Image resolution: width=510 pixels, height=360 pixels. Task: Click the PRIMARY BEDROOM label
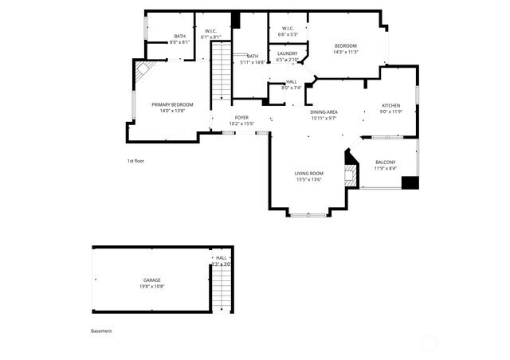point(172,104)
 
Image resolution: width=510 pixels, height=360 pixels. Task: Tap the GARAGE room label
point(152,280)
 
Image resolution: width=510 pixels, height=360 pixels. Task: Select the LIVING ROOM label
point(308,174)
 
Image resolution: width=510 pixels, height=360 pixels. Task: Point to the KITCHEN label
point(390,106)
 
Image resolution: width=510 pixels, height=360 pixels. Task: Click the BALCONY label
point(385,162)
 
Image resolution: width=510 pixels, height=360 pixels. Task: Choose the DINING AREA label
point(324,112)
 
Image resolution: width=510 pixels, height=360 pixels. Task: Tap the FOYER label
point(241,118)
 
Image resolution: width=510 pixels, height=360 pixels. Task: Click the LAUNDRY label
point(288,54)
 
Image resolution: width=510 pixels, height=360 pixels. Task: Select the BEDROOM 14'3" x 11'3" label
point(346,45)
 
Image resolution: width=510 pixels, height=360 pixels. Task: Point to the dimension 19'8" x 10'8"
point(152,286)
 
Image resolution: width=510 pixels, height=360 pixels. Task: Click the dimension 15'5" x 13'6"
point(308,180)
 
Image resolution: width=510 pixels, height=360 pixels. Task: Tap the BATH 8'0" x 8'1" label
point(180,37)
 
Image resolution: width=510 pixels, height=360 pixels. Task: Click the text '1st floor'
point(135,161)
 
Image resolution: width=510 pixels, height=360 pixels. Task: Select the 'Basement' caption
point(101,331)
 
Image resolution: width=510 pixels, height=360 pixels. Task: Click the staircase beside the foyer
point(220,72)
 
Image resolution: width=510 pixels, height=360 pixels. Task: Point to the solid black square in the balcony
point(410,182)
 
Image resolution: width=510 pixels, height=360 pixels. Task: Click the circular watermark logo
point(430,343)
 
